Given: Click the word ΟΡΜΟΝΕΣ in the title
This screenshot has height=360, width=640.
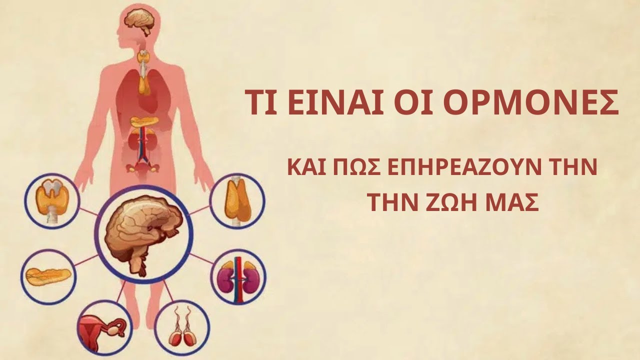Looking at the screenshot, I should (x=531, y=103).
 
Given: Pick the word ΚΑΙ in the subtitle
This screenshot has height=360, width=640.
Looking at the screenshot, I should (x=306, y=167).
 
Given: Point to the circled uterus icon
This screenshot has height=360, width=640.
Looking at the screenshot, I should (x=103, y=327).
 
